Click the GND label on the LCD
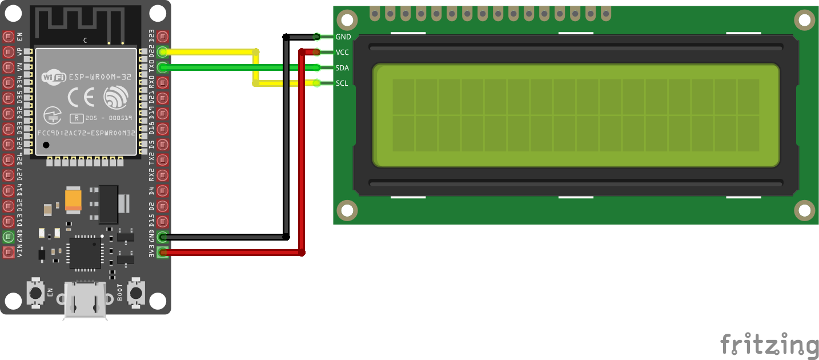pos(343,37)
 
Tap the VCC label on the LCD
pos(343,53)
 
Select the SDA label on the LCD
pos(343,68)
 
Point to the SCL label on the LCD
pos(342,83)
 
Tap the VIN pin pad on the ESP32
pos(8,252)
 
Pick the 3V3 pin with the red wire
pos(163,252)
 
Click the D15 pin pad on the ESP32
pos(163,221)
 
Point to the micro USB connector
pos(85,299)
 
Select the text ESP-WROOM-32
pos(101,77)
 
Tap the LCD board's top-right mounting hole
pos(804,21)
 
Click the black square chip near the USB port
pos(85,253)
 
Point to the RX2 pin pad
pos(163,175)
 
